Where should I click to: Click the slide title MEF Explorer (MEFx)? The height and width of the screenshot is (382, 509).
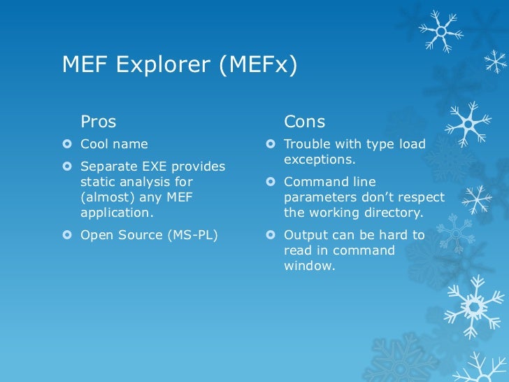tap(180, 65)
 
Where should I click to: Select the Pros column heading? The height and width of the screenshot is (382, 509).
tap(99, 122)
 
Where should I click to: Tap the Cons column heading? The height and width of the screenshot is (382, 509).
tap(304, 122)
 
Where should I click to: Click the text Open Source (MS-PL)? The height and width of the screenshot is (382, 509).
tap(149, 235)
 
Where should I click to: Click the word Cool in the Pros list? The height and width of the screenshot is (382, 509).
tap(95, 144)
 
